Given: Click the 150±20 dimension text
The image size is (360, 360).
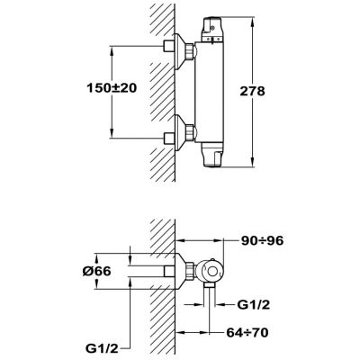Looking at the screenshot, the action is (x=112, y=88).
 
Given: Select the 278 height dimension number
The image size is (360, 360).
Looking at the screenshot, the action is (x=253, y=91).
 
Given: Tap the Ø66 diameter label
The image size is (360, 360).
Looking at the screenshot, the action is (x=96, y=271).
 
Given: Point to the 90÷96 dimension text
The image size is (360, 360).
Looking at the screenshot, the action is (x=263, y=240).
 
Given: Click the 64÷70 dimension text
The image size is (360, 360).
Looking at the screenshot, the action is (x=247, y=332).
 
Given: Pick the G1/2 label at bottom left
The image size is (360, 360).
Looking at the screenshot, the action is (x=102, y=348).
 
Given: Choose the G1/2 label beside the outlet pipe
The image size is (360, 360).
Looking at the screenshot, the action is (x=254, y=305).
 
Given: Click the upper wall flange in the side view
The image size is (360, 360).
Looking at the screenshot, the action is (x=180, y=51).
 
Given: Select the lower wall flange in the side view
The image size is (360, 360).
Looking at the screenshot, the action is (x=180, y=132).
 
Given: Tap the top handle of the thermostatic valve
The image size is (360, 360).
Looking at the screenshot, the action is (x=213, y=30).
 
